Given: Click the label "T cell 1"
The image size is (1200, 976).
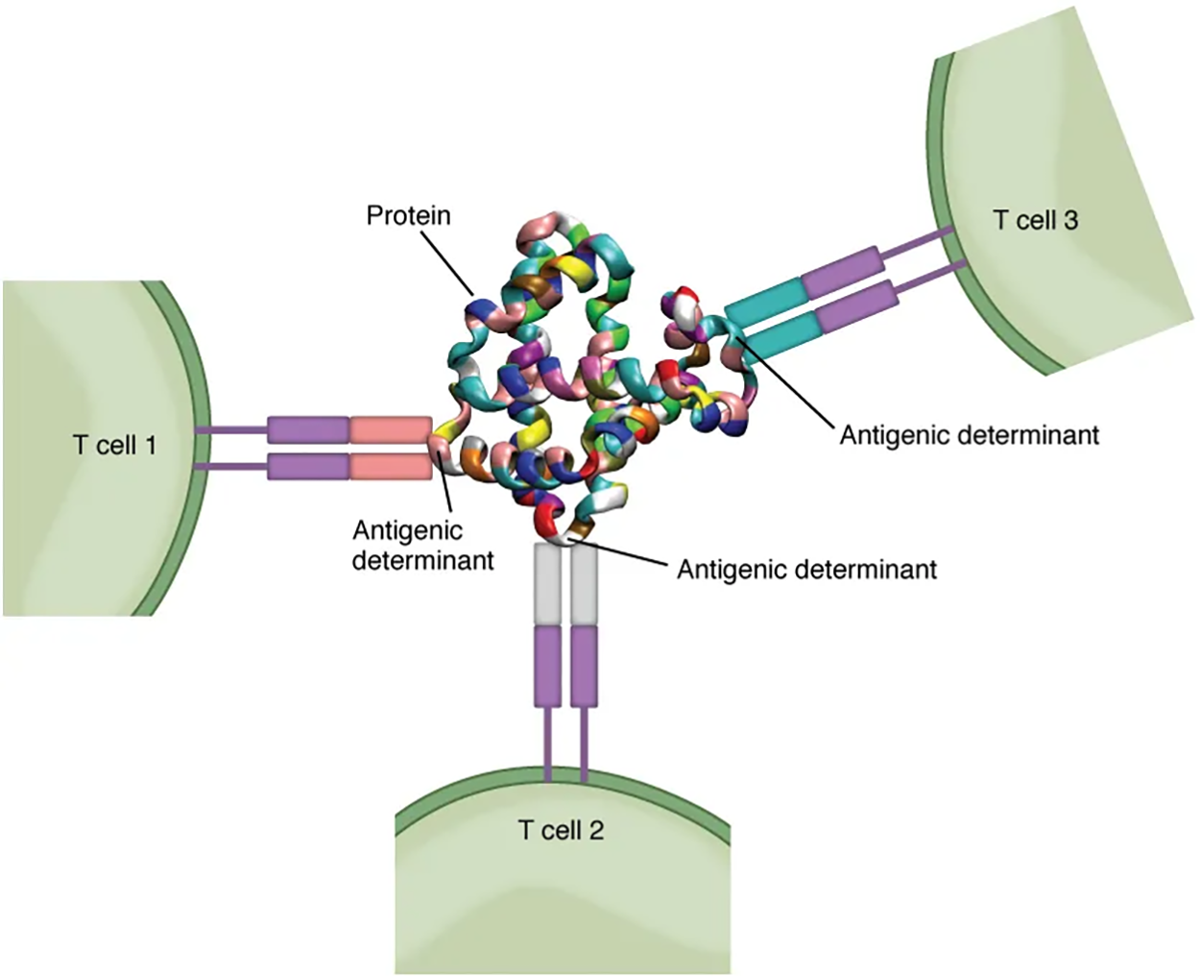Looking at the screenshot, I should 114,445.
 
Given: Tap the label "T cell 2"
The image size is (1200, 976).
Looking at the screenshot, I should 561,830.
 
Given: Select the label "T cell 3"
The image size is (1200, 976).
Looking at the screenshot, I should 1035,220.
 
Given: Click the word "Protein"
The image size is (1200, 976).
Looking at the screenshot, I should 408,215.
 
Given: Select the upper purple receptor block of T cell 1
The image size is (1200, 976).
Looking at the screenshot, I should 307,429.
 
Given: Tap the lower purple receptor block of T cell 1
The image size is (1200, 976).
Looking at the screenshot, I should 307,467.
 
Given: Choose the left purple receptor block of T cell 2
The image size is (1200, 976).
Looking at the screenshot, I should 546,667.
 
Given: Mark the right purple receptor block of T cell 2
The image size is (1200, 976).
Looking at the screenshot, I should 584,667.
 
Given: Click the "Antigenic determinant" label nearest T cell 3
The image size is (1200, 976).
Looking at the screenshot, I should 970,435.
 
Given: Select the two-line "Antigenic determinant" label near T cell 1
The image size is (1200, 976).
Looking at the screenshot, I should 422,546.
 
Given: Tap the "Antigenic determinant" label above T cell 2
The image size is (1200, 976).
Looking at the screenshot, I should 806,570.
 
